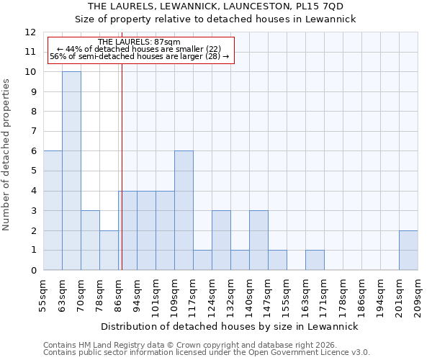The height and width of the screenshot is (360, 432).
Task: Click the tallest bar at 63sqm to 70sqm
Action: [x=71, y=171]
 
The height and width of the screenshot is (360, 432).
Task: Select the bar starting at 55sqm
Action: [x=53, y=210]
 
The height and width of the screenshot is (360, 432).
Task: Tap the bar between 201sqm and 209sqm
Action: [x=408, y=250]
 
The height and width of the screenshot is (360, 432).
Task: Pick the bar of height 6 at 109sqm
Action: [x=184, y=210]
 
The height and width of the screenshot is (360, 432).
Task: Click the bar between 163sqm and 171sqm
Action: [x=315, y=260]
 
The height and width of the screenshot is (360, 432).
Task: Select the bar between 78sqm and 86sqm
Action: [x=109, y=250]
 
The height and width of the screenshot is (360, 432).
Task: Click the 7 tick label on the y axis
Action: [x=33, y=131]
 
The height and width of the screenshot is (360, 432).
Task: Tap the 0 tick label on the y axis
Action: [x=33, y=270]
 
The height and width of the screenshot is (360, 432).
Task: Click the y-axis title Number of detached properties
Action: [x=7, y=155]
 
